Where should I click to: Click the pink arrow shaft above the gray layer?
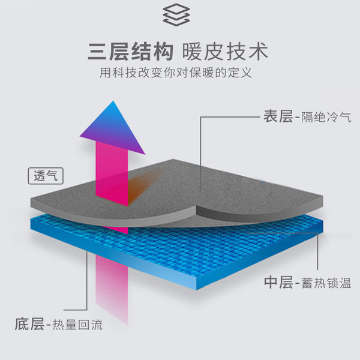113,174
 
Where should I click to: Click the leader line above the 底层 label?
89,282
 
